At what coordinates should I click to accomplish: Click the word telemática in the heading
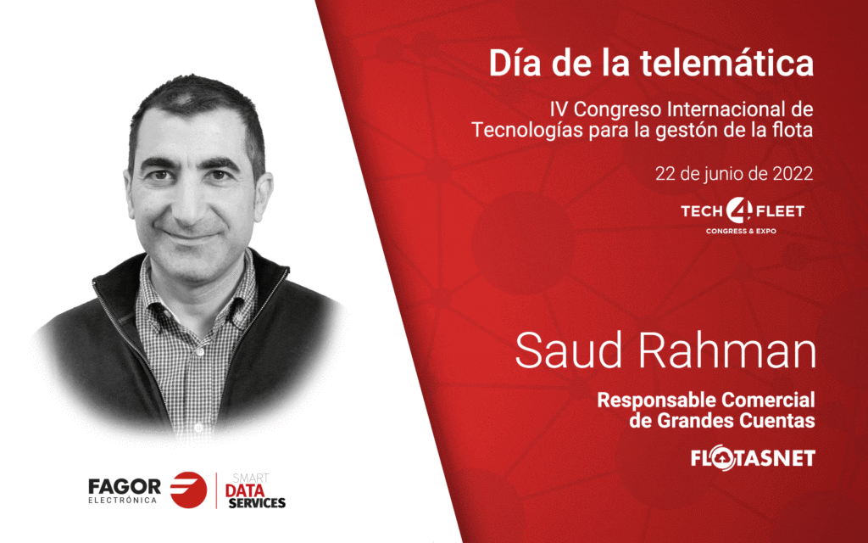726,63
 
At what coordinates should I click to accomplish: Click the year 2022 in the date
793,173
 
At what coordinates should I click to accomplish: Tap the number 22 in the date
665,173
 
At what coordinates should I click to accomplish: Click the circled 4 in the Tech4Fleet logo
739,210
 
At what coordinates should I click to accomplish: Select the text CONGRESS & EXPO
741,231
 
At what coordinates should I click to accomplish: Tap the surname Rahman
728,350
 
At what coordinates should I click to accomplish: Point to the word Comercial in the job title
768,400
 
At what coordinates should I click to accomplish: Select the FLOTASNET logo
753,458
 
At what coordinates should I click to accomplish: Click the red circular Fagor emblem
188,490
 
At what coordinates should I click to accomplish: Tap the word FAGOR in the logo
125,487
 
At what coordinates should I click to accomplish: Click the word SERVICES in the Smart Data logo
257,503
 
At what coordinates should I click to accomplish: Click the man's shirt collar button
199,351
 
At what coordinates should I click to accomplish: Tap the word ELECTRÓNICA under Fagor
122,501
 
